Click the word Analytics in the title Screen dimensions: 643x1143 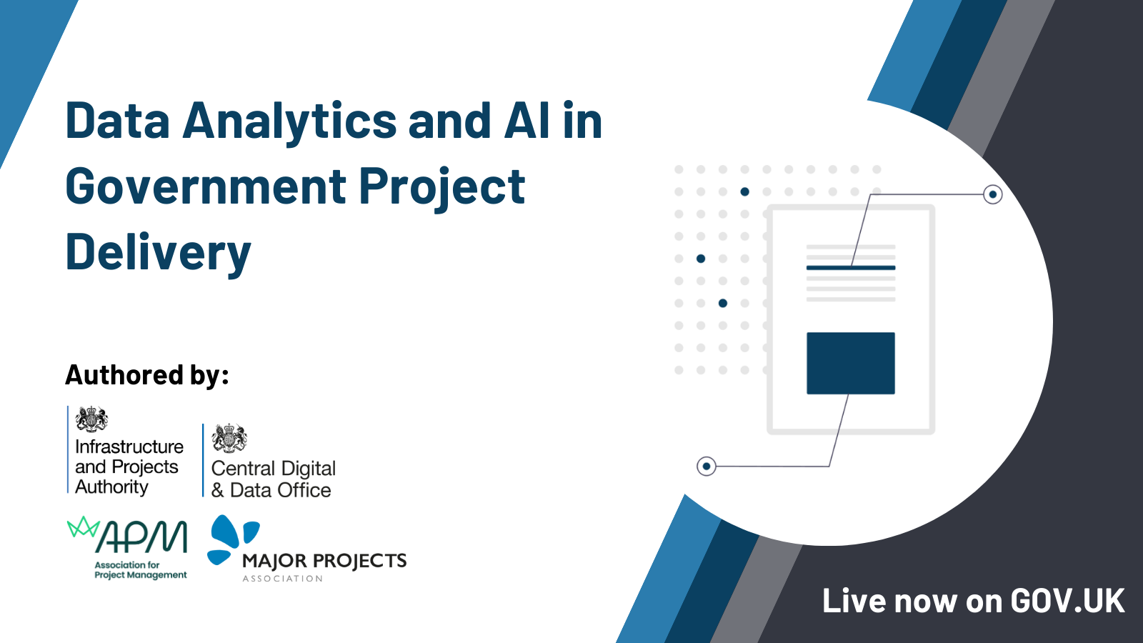tap(289, 121)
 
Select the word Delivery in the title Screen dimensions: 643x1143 tap(158, 253)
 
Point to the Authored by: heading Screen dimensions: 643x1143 tap(147, 375)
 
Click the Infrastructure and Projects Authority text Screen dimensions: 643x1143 tap(129, 467)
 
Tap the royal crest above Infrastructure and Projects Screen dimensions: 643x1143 tap(91, 419)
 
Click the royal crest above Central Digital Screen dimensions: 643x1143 tap(229, 438)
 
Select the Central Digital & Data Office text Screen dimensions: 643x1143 tap(273, 479)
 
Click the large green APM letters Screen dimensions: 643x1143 tap(143, 537)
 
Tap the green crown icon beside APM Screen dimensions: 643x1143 tap(83, 527)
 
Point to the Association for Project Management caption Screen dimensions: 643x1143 tap(140, 570)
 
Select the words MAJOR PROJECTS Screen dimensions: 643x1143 tap(324, 561)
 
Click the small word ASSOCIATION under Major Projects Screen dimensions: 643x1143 tap(283, 579)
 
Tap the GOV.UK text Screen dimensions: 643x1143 tap(1067, 601)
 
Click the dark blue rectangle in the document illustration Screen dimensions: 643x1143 tap(850, 363)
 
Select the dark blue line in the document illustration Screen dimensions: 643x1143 tap(850, 268)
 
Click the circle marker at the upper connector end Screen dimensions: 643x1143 tap(992, 194)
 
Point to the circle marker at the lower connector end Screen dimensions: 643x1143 tap(706, 467)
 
